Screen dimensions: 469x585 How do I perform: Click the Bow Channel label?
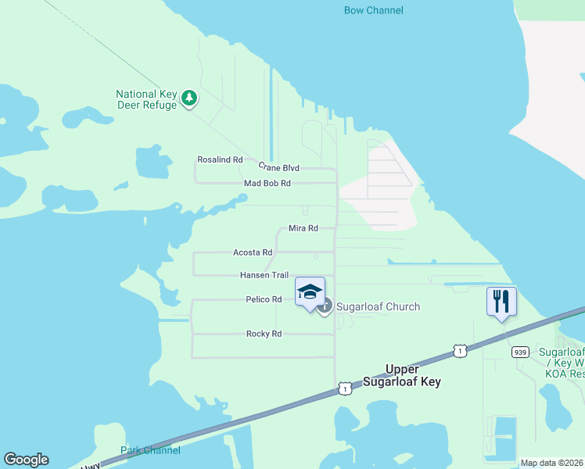374,10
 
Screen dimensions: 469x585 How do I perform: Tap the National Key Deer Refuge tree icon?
188,98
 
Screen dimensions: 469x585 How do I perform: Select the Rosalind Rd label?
220,159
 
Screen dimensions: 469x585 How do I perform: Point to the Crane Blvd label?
278,167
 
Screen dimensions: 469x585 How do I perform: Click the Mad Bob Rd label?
267,183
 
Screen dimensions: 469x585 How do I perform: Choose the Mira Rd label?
303,228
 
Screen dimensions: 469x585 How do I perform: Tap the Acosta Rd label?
253,252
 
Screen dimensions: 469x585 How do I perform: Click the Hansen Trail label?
264,275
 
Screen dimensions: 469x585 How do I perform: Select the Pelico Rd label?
264,299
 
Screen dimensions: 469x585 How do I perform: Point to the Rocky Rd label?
264,334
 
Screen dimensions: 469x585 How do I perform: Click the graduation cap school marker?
310,293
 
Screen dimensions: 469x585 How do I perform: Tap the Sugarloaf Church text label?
379,306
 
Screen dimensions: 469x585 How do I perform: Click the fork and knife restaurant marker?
501,302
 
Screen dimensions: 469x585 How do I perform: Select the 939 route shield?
520,353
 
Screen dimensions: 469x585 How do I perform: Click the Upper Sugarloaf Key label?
402,375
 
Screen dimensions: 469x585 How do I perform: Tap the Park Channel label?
150,450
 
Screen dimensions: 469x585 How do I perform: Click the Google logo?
26,460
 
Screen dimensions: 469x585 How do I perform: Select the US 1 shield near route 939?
460,352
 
